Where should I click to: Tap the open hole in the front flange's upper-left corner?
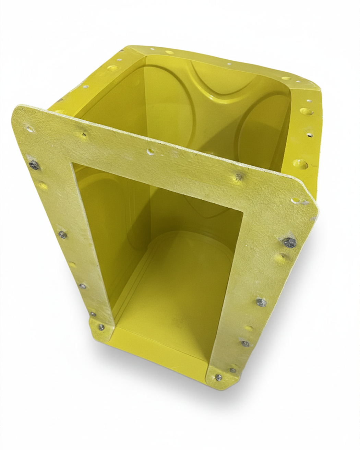[x=30, y=130]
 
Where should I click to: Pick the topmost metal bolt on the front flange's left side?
[x=34, y=165]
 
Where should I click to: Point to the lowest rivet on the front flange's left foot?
[x=101, y=327]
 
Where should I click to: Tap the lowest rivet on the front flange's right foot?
[x=218, y=377]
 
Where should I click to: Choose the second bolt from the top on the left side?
[x=62, y=234]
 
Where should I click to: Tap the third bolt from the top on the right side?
[x=245, y=343]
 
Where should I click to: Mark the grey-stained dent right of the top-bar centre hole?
[x=238, y=176]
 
